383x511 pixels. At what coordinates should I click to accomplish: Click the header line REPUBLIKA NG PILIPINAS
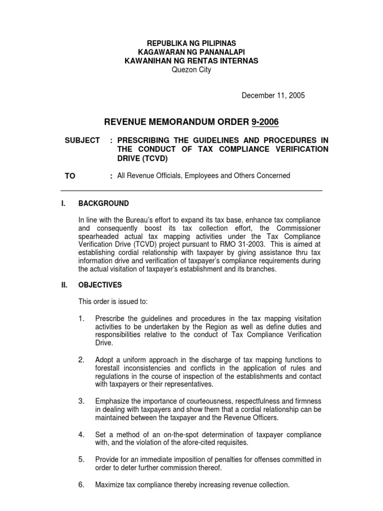[191, 43]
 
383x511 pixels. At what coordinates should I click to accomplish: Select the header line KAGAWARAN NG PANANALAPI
[191, 52]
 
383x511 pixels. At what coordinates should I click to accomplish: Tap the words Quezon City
[191, 70]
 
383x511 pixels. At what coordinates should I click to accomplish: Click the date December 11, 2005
[273, 96]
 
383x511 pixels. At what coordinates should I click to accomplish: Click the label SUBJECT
[82, 140]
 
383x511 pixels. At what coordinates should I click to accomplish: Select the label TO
[70, 176]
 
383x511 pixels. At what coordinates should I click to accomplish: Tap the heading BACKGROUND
[104, 204]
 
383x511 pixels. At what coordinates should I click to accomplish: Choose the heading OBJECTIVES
[100, 285]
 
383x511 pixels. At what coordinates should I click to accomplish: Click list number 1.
[82, 318]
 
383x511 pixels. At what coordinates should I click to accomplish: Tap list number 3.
[82, 401]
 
